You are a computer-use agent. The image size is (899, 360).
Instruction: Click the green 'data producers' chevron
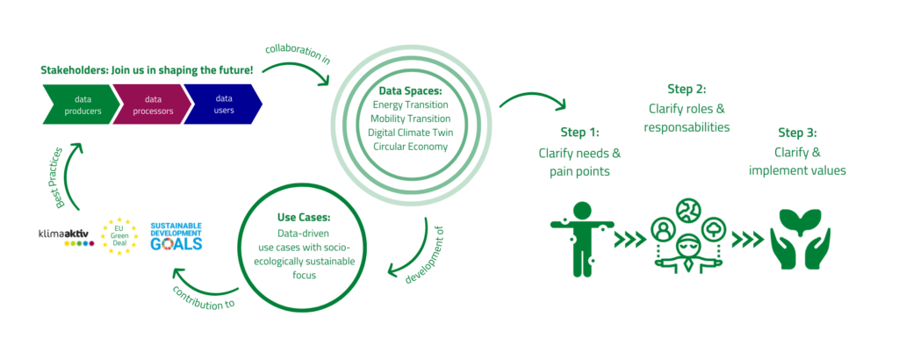pos(80,104)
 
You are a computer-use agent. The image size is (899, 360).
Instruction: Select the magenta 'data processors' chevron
pos(150,104)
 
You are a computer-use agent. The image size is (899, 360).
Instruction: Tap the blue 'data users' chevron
pos(222,104)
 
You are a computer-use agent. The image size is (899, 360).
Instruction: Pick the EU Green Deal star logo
pos(119,236)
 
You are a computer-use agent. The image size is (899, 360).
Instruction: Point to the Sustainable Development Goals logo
pos(176,235)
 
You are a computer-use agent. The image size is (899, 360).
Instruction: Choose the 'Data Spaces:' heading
pos(410,91)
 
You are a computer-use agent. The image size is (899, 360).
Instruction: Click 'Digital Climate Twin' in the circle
pos(411,133)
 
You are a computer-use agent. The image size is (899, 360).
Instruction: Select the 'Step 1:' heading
pos(579,133)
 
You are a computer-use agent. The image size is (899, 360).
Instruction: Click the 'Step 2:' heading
pos(687,90)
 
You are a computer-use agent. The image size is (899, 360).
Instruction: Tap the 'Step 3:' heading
pos(797,133)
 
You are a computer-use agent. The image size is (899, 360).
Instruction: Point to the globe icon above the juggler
pos(687,210)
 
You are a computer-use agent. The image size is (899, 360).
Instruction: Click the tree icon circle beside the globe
pos(713,229)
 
